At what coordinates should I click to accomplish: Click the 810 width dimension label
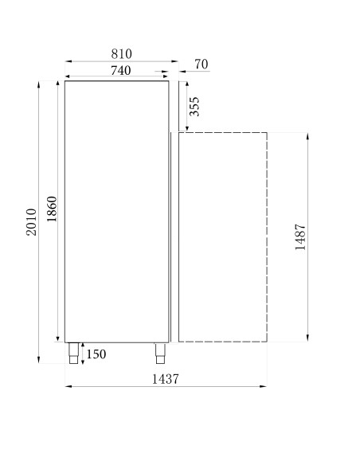click(121, 53)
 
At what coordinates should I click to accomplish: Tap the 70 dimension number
click(201, 64)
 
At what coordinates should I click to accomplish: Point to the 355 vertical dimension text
click(195, 107)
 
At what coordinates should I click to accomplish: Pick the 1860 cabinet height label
click(52, 211)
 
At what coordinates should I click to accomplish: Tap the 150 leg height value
click(96, 354)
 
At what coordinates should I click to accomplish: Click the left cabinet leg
click(74, 353)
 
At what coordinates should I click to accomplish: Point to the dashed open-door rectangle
click(222, 237)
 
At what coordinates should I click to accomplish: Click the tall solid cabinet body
click(116, 211)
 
